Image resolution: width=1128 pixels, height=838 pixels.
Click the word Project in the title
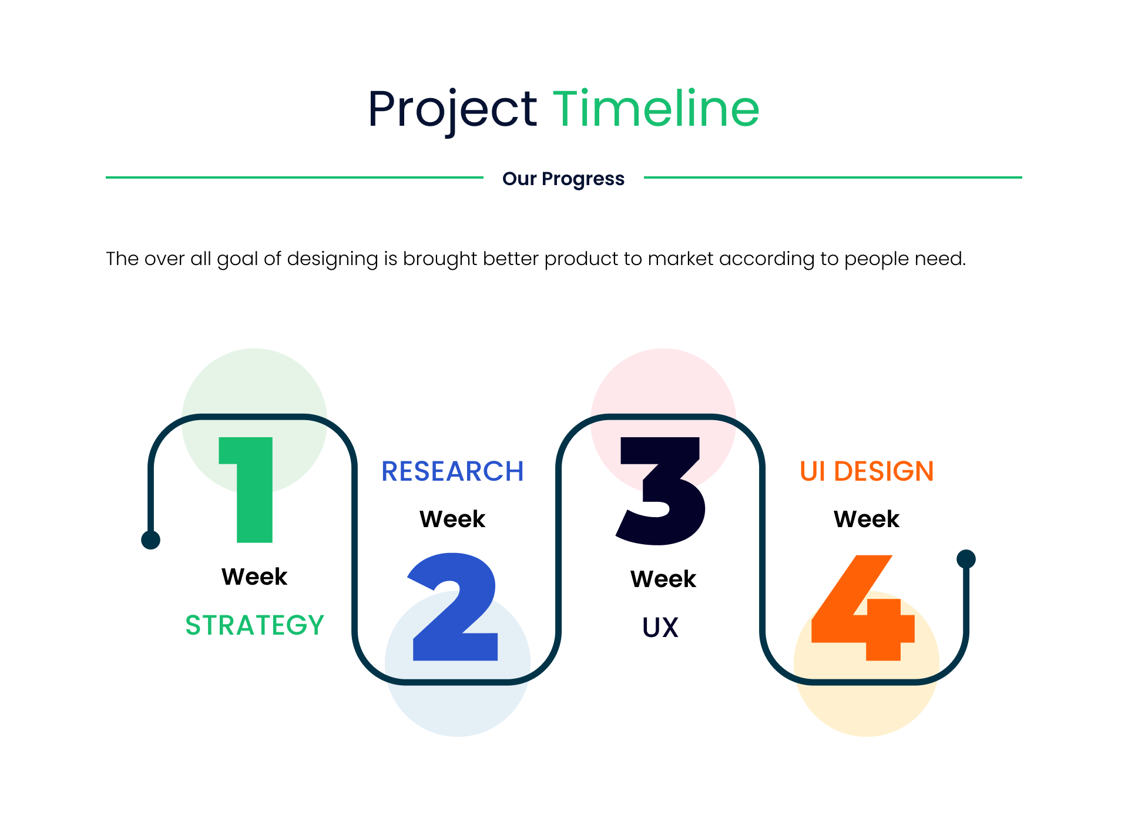click(452, 110)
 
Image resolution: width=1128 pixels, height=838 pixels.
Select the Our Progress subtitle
click(563, 179)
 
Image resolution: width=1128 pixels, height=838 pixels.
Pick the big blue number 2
click(453, 606)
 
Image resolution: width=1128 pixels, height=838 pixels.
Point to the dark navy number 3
click(660, 491)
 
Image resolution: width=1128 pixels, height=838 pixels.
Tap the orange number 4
click(863, 608)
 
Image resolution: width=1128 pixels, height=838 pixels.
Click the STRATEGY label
click(254, 625)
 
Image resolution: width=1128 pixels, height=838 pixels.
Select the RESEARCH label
click(452, 471)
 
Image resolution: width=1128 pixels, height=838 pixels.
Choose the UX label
click(660, 627)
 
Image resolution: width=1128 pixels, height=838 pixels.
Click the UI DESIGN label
click(867, 471)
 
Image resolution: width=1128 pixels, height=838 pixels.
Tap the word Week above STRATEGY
click(254, 576)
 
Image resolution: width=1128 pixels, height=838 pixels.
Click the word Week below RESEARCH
click(452, 519)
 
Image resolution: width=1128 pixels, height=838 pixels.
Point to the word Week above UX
click(663, 579)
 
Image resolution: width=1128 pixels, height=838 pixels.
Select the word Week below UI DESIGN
click(867, 519)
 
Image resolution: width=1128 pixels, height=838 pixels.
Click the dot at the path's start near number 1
click(151, 539)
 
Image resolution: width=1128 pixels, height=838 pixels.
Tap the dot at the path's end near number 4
click(966, 559)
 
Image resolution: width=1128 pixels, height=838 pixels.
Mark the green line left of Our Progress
click(294, 177)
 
